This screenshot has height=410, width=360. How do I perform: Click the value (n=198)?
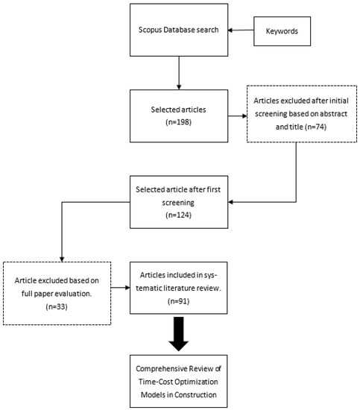pyautogui.click(x=180, y=121)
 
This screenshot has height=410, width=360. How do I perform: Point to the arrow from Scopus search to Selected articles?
pyautogui.click(x=180, y=75)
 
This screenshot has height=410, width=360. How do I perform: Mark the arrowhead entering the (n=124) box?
pyautogui.click(x=230, y=201)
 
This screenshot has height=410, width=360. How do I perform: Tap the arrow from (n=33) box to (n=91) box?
pyautogui.click(x=121, y=287)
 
